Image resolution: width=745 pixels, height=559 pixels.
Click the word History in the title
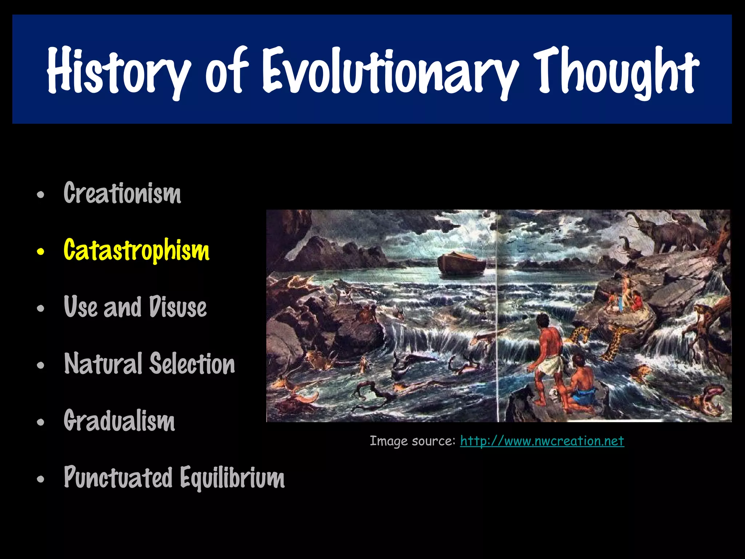tap(118, 71)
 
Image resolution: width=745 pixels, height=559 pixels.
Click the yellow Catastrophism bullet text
tap(136, 250)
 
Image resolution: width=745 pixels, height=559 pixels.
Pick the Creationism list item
tap(122, 193)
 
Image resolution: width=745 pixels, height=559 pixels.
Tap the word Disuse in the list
tap(178, 307)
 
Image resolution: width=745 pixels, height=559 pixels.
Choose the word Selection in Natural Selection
tap(192, 364)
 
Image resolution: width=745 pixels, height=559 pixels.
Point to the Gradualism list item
tap(119, 421)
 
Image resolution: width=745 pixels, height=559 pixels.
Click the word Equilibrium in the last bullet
tap(232, 477)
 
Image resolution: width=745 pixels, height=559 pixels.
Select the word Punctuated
tap(118, 477)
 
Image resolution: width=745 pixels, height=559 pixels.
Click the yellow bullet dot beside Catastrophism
tap(40, 251)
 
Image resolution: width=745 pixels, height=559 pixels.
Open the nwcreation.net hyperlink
tap(542, 441)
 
